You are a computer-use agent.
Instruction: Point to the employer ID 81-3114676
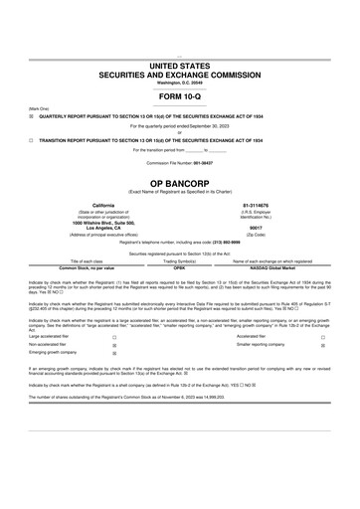(269, 205)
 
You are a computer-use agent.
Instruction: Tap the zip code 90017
(269, 227)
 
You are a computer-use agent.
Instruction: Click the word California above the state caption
(90, 205)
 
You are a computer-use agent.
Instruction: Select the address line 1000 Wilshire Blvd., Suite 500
(90, 222)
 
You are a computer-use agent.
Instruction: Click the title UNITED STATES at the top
(180, 65)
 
